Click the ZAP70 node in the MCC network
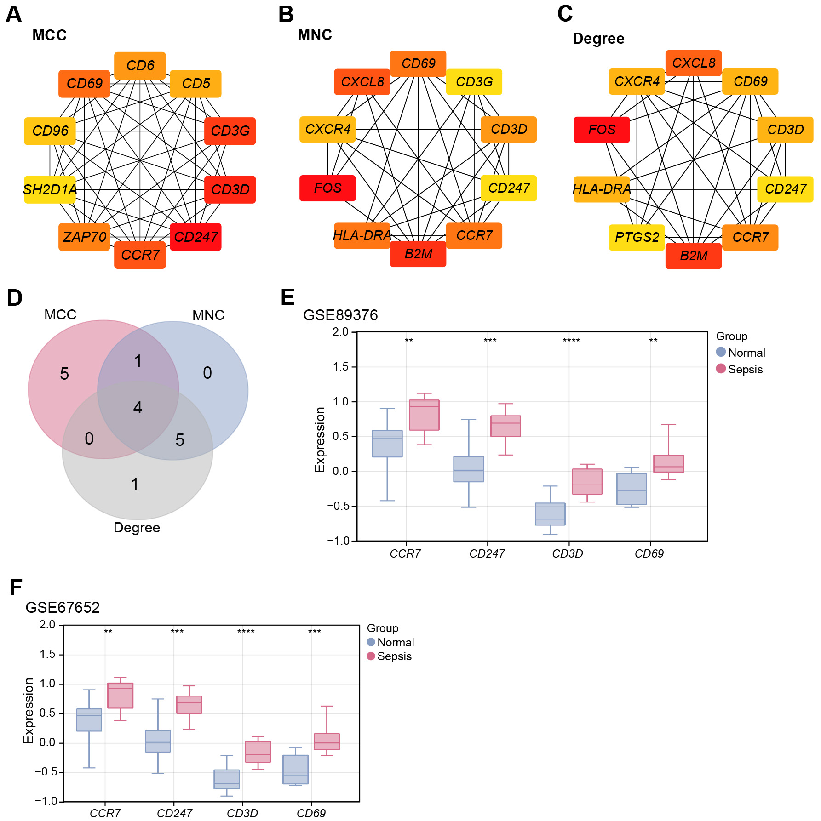pyautogui.click(x=84, y=237)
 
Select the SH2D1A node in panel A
pyautogui.click(x=50, y=189)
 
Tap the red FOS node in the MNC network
pyautogui.click(x=327, y=188)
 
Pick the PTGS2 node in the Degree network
pyautogui.click(x=637, y=237)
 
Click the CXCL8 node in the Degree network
pyautogui.click(x=693, y=63)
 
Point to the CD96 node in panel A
pyautogui.click(x=50, y=131)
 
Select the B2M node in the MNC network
pyautogui.click(x=418, y=254)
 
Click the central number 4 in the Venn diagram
pyautogui.click(x=138, y=407)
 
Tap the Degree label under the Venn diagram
pyautogui.click(x=137, y=527)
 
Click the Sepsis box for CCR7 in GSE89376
pyautogui.click(x=424, y=415)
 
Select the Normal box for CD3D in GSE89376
pyautogui.click(x=550, y=514)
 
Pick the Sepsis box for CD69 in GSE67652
pyautogui.click(x=327, y=741)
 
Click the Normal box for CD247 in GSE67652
pyautogui.click(x=158, y=741)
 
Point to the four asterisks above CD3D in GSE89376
pyautogui.click(x=571, y=341)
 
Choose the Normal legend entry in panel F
pyautogui.click(x=390, y=642)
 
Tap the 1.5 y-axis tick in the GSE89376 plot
pyautogui.click(x=340, y=367)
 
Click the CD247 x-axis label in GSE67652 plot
pyautogui.click(x=174, y=813)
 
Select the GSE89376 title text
pyautogui.click(x=340, y=315)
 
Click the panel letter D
pyautogui.click(x=15, y=298)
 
